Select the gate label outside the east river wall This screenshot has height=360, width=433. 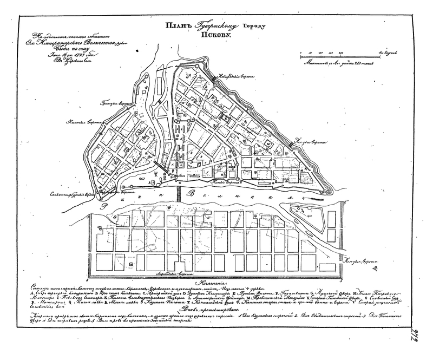coord(317,142)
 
